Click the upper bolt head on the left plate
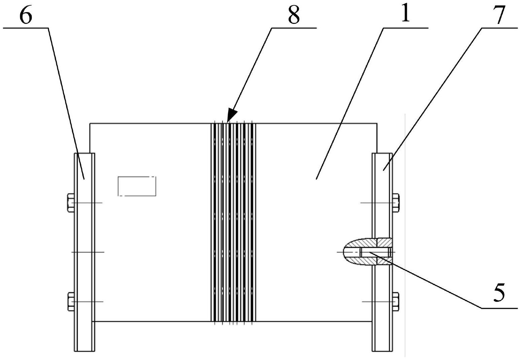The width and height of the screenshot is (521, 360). pyautogui.click(x=71, y=202)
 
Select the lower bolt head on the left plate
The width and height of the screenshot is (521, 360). pyautogui.click(x=71, y=301)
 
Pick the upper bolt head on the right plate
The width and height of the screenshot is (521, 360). pyautogui.click(x=396, y=202)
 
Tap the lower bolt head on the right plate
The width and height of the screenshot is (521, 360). pyautogui.click(x=396, y=301)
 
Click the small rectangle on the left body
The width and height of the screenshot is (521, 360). pyautogui.click(x=137, y=186)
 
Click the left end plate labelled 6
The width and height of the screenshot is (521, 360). pyautogui.click(x=84, y=253)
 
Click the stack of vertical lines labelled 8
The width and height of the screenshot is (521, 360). pyautogui.click(x=233, y=222)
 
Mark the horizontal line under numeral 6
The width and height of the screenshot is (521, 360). pyautogui.click(x=26, y=29)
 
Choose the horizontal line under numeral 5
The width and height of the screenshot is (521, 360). pyautogui.click(x=498, y=308)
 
